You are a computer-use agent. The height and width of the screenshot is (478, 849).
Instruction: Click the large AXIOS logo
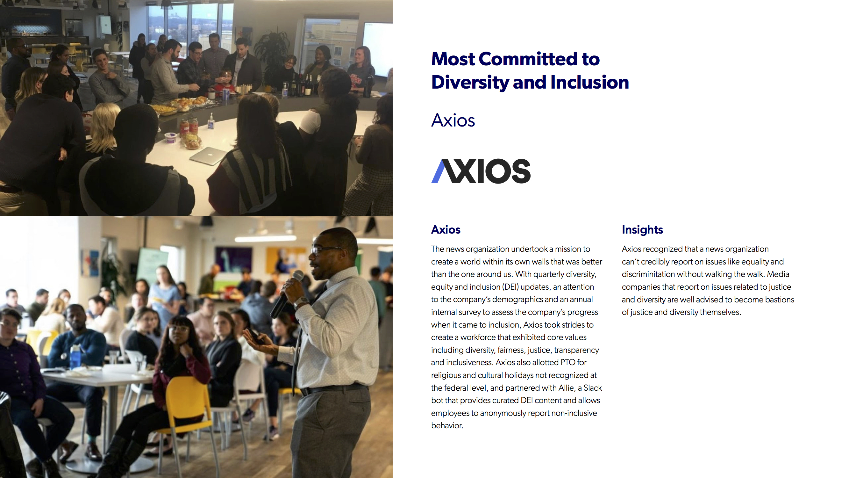click(481, 171)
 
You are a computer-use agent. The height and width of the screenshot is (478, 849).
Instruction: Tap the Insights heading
click(642, 229)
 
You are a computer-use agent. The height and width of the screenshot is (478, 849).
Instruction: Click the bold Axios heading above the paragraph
click(446, 229)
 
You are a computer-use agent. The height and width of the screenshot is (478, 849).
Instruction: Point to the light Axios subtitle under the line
click(453, 120)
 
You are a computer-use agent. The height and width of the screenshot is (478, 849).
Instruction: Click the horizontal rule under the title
click(530, 101)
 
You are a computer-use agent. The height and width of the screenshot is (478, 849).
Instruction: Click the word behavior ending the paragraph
click(447, 425)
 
